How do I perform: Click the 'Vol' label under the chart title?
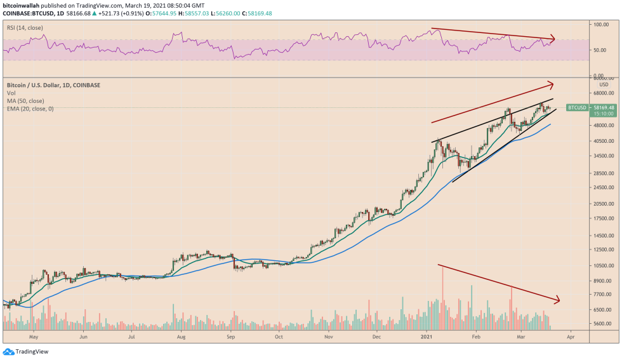click(x=11, y=93)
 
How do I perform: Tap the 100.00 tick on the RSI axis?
click(x=600, y=24)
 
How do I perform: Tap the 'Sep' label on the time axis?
click(x=230, y=337)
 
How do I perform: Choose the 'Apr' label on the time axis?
click(x=571, y=337)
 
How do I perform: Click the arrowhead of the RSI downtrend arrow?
click(x=553, y=39)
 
